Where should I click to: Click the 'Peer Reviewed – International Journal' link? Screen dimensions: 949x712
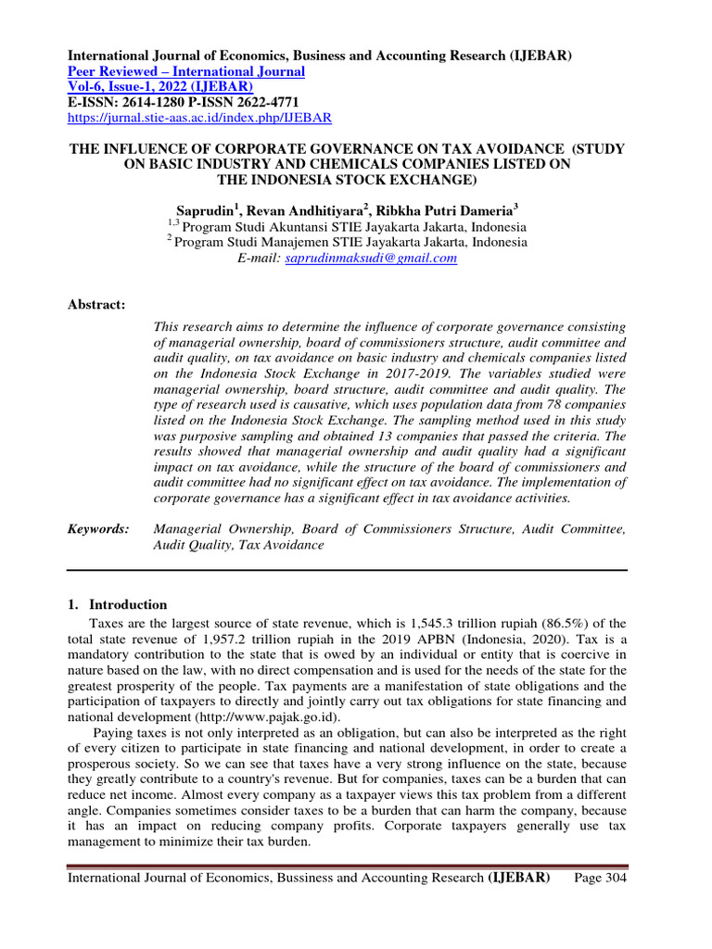click(x=186, y=71)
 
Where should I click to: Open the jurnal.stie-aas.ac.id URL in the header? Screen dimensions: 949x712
click(x=200, y=119)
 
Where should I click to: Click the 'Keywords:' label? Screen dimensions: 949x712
click(x=99, y=528)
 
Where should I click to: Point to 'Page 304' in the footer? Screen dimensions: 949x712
click(x=601, y=878)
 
